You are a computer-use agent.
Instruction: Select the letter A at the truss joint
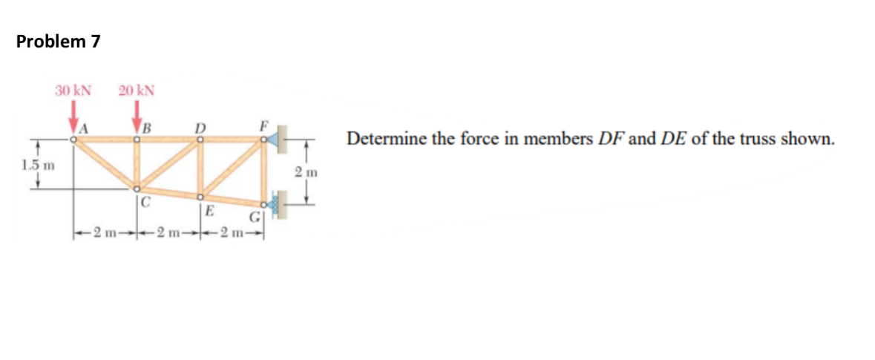pos(85,127)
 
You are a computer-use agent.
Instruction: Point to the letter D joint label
pos(199,126)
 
